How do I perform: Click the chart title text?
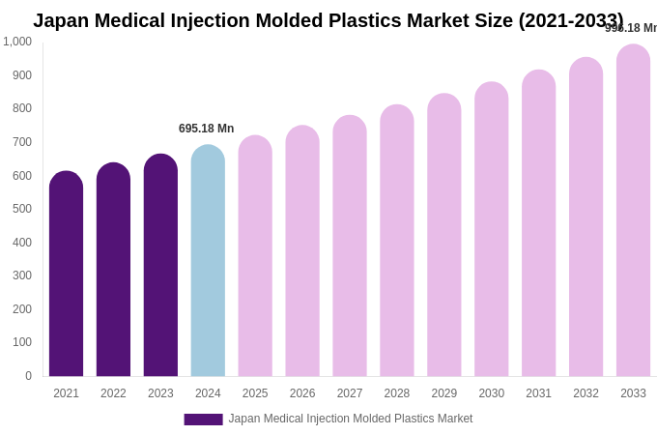pyautogui.click(x=328, y=20)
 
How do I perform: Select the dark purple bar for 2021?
pyautogui.click(x=66, y=275)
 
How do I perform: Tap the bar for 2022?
pyautogui.click(x=113, y=271)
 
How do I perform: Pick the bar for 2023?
pyautogui.click(x=160, y=266)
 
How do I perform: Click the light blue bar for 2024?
pyautogui.click(x=208, y=261)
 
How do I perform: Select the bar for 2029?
pyautogui.click(x=444, y=237)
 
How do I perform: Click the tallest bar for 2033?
pyautogui.click(x=633, y=213)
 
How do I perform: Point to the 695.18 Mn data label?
pyautogui.click(x=206, y=129)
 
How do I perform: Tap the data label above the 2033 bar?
pyautogui.click(x=631, y=28)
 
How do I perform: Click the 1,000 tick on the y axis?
pyautogui.click(x=17, y=42)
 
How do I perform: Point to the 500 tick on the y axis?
pyautogui.click(x=22, y=209)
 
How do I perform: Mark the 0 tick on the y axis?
pyautogui.click(x=28, y=376)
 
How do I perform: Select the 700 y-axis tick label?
pyautogui.click(x=22, y=142)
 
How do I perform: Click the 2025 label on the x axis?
pyautogui.click(x=255, y=393)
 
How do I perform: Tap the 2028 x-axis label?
pyautogui.click(x=397, y=393)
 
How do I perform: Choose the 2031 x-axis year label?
pyautogui.click(x=538, y=393)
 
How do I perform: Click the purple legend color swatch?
pyautogui.click(x=203, y=420)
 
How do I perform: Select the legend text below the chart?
pyautogui.click(x=351, y=419)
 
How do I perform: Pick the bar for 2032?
pyautogui.click(x=586, y=217)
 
